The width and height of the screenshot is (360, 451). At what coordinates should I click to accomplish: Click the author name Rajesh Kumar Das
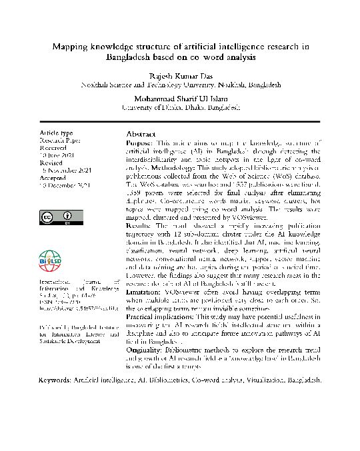(180, 75)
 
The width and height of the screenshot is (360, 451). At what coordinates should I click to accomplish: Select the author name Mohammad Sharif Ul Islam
(180, 96)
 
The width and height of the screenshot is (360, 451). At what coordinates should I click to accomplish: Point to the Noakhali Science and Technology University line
(180, 85)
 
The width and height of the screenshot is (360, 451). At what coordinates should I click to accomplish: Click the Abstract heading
(141, 134)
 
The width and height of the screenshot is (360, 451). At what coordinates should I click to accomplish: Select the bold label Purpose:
(140, 143)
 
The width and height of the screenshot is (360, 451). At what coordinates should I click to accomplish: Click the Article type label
(57, 133)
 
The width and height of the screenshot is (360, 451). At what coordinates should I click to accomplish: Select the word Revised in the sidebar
(53, 162)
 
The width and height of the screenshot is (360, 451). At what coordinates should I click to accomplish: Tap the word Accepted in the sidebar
(54, 179)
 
